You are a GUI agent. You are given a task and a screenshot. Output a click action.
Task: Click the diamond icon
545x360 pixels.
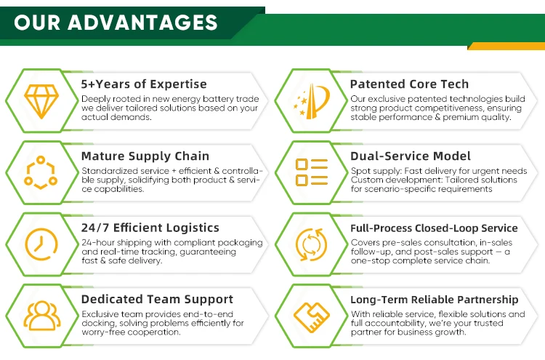(x=41, y=101)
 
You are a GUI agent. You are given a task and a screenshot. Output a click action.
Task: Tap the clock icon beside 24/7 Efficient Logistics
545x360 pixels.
(x=41, y=244)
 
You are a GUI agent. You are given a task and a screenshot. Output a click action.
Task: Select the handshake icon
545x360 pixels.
(x=312, y=317)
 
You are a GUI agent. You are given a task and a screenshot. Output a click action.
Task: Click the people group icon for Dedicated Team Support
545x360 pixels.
(x=42, y=316)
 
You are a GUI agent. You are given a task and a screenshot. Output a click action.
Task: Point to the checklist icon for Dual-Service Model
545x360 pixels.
(x=312, y=172)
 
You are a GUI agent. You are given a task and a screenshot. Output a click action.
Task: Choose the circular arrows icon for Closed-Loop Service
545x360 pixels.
(x=312, y=244)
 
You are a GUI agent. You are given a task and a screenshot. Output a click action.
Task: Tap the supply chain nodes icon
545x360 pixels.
(x=41, y=172)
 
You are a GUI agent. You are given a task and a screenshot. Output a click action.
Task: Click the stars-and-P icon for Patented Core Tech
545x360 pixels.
(x=312, y=101)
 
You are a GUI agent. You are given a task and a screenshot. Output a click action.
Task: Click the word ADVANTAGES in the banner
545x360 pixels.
(x=143, y=23)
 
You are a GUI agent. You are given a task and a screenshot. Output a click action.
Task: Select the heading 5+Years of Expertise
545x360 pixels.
(x=144, y=84)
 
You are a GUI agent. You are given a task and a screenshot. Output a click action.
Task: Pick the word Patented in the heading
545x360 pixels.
(x=376, y=84)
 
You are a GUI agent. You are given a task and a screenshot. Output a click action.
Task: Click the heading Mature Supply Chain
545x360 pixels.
(x=145, y=156)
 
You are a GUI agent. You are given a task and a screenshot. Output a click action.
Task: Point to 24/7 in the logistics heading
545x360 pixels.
(x=95, y=228)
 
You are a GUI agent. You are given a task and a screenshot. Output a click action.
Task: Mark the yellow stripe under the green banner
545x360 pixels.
(x=506, y=46)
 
